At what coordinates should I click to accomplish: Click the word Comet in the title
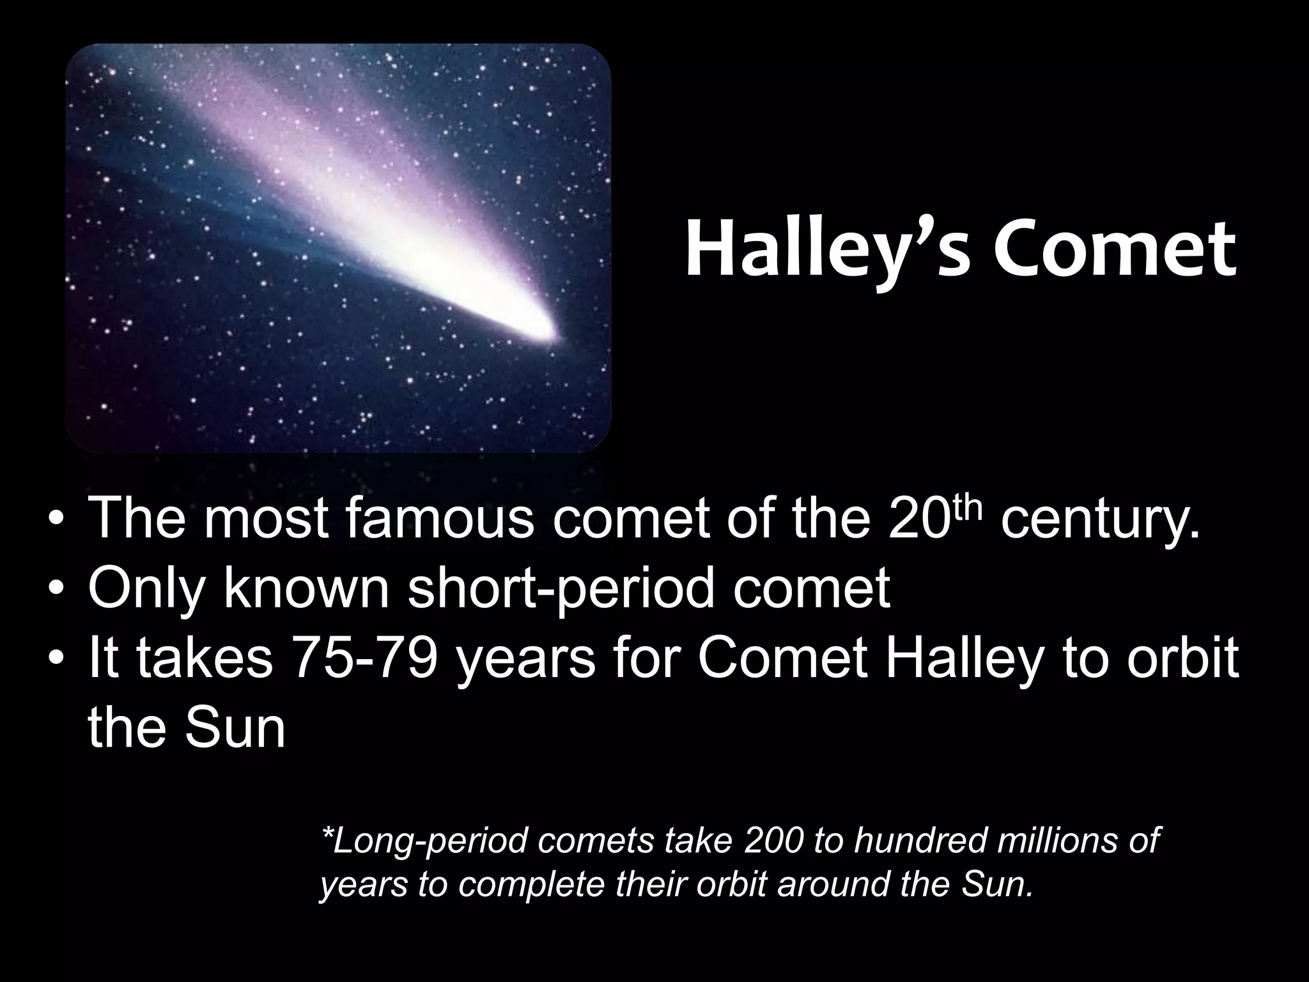coord(1115,251)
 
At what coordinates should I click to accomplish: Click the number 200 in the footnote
coord(773,840)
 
